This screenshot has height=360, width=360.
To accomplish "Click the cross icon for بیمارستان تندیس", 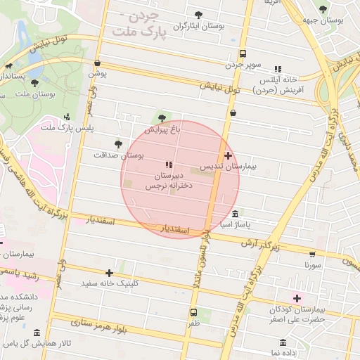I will [x=228, y=155].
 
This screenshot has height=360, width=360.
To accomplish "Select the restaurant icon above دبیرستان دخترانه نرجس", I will [x=168, y=165].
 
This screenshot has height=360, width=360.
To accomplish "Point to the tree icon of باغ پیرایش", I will [x=163, y=117].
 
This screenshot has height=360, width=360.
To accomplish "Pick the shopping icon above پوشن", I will [x=97, y=63].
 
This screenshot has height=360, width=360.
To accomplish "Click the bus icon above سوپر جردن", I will [x=243, y=53].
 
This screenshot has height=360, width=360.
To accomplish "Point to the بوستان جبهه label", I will [x=323, y=21].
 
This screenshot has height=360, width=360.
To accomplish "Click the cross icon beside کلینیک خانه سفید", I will [x=109, y=273].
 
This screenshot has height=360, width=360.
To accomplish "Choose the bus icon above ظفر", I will [x=193, y=312].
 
